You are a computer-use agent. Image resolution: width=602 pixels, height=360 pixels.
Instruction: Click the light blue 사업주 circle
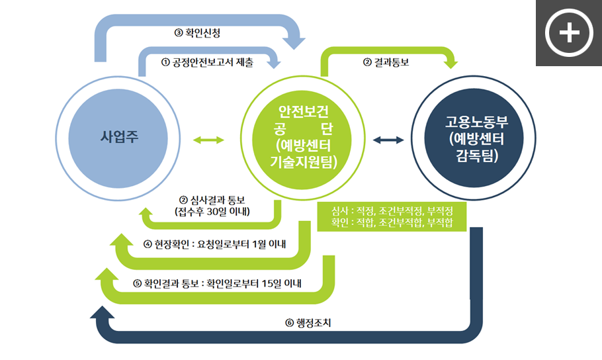118,138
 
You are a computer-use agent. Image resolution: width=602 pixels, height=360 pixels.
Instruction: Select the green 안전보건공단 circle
302,138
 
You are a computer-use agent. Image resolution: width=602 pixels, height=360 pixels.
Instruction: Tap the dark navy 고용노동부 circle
474,138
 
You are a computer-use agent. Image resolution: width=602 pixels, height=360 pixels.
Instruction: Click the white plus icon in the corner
570,32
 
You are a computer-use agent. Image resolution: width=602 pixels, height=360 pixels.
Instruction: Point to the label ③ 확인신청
197,32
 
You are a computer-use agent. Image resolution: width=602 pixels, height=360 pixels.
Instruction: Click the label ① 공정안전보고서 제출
207,62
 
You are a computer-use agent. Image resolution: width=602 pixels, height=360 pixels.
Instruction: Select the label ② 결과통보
386,62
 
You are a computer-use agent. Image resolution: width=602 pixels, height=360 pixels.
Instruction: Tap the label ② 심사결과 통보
212,200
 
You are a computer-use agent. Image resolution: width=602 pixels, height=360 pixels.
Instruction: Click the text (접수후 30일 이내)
212,212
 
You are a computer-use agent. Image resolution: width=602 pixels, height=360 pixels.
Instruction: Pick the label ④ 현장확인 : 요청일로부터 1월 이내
214,244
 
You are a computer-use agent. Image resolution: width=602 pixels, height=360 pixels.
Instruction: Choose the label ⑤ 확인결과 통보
166,283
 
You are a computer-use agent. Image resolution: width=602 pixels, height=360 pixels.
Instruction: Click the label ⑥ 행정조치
308,323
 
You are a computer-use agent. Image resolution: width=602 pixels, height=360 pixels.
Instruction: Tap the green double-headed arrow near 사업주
208,140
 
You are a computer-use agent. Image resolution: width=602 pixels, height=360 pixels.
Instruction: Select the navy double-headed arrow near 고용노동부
388,140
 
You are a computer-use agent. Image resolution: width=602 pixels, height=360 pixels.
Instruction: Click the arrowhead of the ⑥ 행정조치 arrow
102,313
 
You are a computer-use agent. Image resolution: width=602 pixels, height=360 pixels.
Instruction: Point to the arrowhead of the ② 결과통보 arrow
451,64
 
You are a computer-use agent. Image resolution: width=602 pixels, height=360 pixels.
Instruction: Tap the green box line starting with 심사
392,210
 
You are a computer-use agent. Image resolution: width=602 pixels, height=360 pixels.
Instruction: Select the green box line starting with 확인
392,222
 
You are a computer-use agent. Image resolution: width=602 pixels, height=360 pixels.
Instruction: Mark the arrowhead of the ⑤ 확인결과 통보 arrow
107,274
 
